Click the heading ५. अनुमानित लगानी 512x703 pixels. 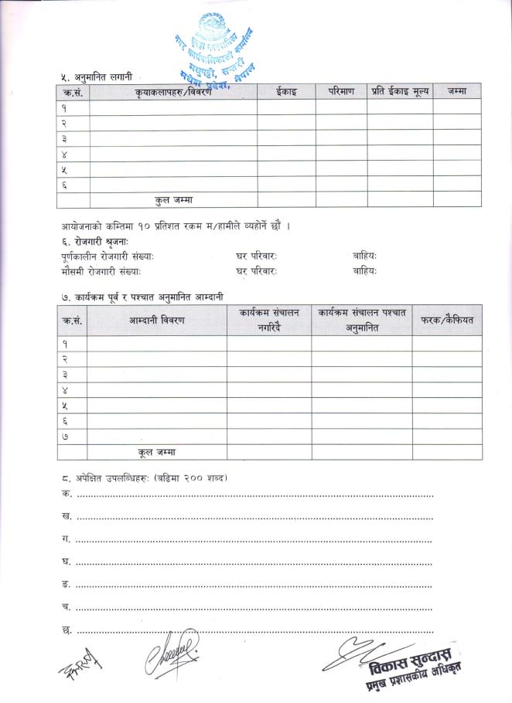pos(97,76)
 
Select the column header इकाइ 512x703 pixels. pos(285,91)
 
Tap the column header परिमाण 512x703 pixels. pos(340,91)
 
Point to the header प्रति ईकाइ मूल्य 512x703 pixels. pos(399,91)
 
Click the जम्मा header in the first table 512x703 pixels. pos(456,91)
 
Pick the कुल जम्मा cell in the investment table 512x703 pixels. pos(174,199)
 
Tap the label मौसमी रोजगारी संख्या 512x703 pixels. pos(101,271)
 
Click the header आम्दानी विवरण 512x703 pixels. pos(156,320)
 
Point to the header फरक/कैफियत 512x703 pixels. pos(447,320)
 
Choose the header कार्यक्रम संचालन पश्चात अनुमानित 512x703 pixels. pos(361,320)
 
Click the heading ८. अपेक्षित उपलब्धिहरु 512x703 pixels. pos(144,477)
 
